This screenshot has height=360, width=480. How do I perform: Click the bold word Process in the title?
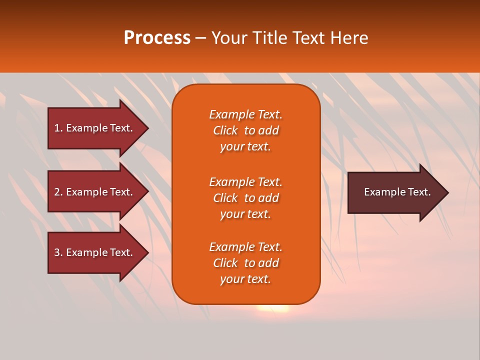(x=157, y=38)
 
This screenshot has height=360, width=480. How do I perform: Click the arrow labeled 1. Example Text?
(x=95, y=128)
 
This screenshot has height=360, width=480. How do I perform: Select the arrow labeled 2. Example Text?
(x=95, y=192)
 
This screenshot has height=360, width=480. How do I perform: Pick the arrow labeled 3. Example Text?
(x=95, y=252)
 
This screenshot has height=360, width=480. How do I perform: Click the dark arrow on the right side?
(x=395, y=192)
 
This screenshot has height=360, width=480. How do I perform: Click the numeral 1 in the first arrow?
(x=57, y=128)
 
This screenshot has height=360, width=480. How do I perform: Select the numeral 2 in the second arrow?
(x=57, y=192)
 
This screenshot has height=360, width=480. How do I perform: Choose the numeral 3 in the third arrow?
(x=57, y=252)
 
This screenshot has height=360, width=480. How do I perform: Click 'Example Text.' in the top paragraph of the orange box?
(x=245, y=114)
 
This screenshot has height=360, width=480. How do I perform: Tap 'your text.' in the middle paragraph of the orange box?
(x=245, y=214)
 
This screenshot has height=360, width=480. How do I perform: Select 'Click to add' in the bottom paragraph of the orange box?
(x=245, y=263)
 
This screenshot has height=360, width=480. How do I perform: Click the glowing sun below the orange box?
(x=273, y=308)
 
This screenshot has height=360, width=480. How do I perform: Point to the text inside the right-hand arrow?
(x=397, y=192)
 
